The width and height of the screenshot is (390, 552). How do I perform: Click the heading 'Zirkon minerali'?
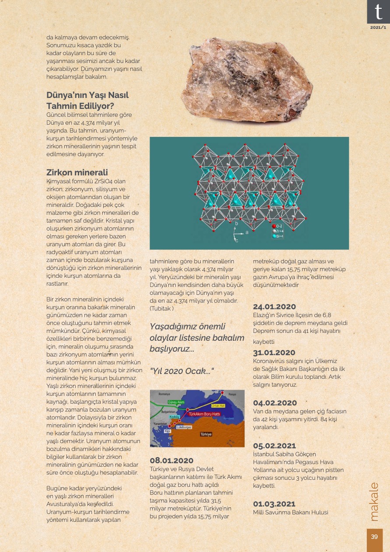point(77,172)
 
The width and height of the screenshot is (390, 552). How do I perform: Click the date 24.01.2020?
point(274,307)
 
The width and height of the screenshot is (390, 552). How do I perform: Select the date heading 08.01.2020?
point(171,460)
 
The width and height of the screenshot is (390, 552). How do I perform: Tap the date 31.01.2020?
point(274,353)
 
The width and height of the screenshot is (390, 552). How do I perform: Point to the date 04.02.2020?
point(275,403)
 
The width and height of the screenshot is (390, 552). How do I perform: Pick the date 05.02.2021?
point(274,446)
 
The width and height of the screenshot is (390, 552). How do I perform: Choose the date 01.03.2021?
point(274,504)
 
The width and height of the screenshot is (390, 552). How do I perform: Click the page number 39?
point(374,537)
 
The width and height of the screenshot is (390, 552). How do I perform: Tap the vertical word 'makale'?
point(374,502)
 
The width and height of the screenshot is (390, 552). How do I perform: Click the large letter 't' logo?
point(378,12)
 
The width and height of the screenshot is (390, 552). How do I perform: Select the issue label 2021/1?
point(378,28)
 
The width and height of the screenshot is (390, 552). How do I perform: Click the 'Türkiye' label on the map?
point(206,434)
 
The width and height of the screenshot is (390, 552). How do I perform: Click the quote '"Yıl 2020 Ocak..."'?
point(181,371)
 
